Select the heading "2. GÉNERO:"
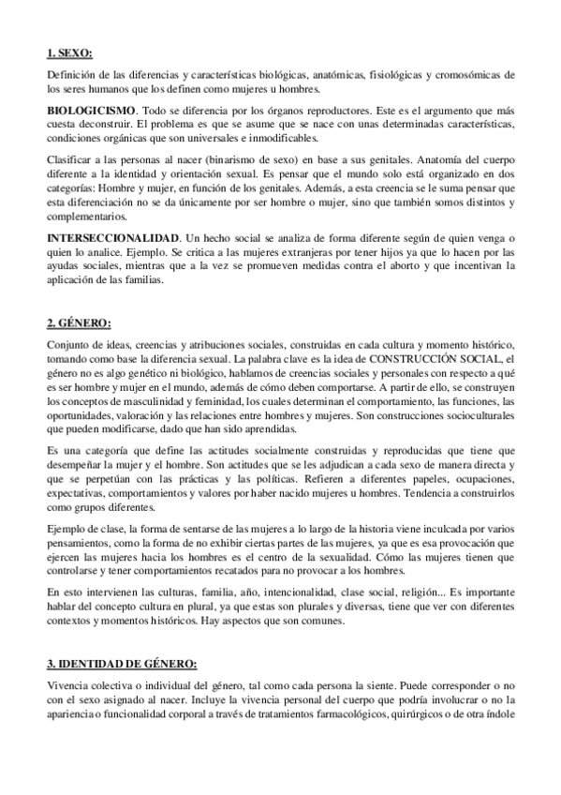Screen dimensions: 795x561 tap(79, 323)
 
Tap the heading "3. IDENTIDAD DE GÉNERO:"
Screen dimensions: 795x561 tap(122, 664)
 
